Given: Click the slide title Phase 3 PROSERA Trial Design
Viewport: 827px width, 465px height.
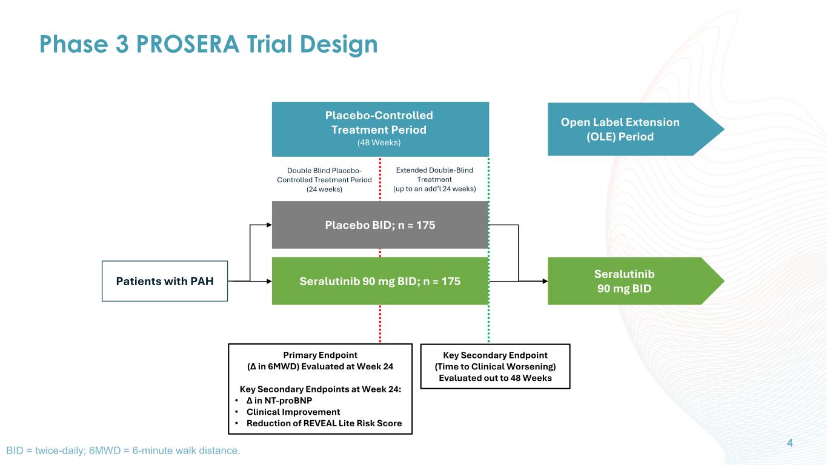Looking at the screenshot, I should coord(208,45).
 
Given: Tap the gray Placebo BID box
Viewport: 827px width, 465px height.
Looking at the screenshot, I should coord(380,225).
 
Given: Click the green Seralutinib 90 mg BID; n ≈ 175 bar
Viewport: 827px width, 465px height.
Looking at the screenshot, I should coord(380,281).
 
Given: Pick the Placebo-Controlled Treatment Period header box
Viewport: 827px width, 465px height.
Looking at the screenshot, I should coord(380,128).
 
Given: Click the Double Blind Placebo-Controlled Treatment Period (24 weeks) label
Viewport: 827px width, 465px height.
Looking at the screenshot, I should coord(324,179).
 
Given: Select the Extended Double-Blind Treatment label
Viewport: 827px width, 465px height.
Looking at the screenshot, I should coord(434,179).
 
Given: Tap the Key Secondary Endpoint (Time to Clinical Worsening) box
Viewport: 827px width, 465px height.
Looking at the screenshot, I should coord(495,366).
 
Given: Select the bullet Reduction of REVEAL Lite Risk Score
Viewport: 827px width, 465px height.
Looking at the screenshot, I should coord(324,423).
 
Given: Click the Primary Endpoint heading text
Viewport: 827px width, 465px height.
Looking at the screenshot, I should coord(320,355).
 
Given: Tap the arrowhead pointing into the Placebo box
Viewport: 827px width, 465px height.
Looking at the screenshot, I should coord(268,225).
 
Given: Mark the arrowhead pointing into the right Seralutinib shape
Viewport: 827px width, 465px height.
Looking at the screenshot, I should coord(544,281).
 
